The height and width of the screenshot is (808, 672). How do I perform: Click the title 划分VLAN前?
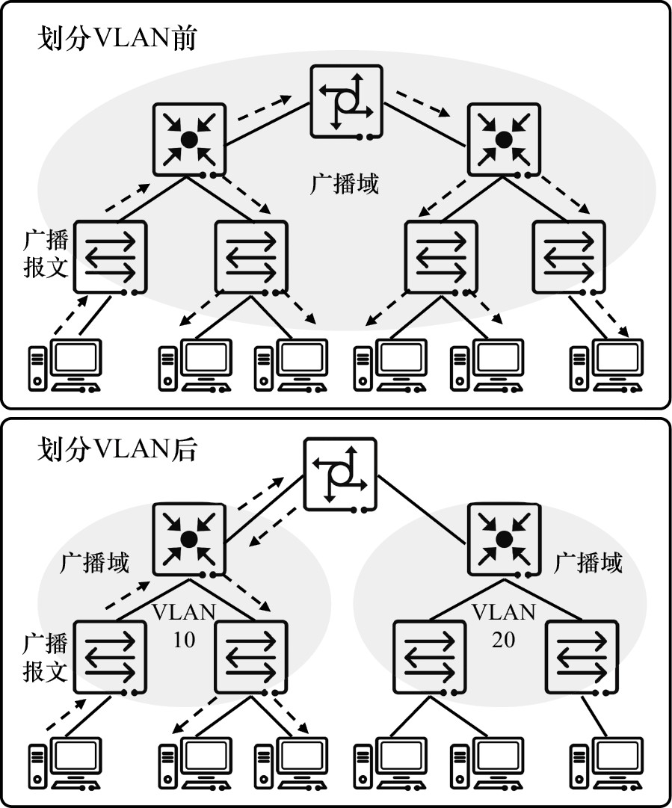(117, 38)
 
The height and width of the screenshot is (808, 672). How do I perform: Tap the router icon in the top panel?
(346, 100)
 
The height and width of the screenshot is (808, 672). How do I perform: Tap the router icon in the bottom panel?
(340, 474)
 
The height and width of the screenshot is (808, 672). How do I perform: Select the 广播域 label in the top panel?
(345, 183)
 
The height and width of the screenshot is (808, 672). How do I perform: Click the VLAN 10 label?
(184, 626)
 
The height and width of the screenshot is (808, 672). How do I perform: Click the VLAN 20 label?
(504, 626)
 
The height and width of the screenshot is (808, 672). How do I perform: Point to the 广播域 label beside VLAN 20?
(588, 562)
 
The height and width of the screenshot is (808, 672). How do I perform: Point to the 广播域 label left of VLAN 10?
(94, 562)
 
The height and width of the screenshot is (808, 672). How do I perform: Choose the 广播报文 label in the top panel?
(46, 254)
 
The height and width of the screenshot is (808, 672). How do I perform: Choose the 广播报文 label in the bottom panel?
(46, 656)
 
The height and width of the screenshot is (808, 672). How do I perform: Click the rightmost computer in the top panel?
(606, 366)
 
